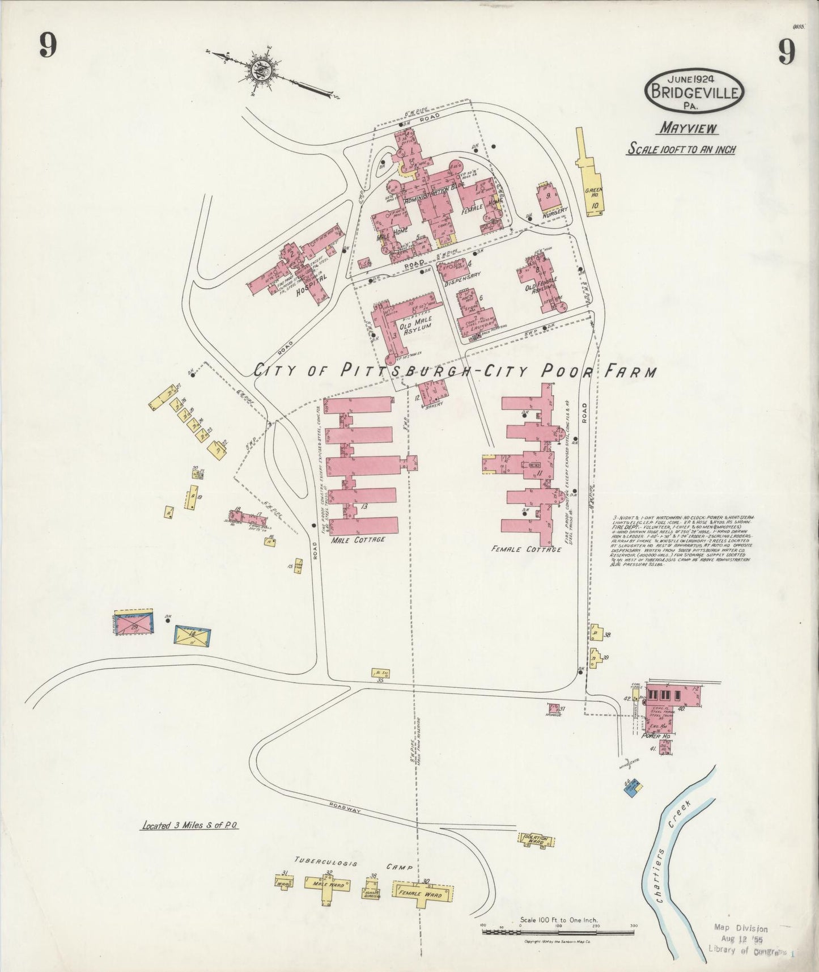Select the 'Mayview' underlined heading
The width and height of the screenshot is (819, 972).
[x=688, y=129]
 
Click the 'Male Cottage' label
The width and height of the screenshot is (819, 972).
[x=358, y=539]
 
